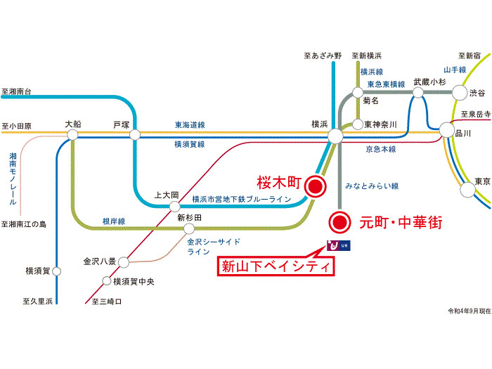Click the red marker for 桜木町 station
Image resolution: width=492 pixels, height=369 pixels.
coord(316,186)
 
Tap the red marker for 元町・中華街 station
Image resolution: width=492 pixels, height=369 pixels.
coord(339,222)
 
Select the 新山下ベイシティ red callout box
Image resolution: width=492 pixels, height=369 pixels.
coord(276,266)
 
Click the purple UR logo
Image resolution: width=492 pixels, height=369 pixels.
coord(339,246)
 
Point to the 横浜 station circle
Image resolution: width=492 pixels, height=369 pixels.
coord(335,136)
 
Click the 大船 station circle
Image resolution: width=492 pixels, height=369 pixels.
coord(72,135)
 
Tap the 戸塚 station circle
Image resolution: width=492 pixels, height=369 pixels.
coord(135,135)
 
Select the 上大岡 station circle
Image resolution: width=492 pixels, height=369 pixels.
coord(175,207)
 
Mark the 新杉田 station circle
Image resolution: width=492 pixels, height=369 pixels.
coord(189,228)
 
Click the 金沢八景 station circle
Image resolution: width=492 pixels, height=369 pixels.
coord(124,262)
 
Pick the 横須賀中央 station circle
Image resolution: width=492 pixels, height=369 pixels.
coord(107,280)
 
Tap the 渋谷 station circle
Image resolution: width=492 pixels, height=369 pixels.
coord(460,93)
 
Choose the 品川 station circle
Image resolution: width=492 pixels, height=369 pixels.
coord(447,130)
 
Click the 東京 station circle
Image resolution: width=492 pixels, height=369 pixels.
coord(467,190)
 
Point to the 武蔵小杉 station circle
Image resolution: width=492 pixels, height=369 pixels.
coord(418,93)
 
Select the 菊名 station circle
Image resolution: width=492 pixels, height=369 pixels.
coord(358,93)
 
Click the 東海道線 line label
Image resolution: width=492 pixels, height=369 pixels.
coord(190,125)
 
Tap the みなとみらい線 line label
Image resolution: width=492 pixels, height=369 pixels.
coord(372,186)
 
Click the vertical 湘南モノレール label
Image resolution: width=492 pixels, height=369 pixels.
coord(13,179)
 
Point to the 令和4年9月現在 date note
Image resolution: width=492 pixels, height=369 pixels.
coord(469,311)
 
